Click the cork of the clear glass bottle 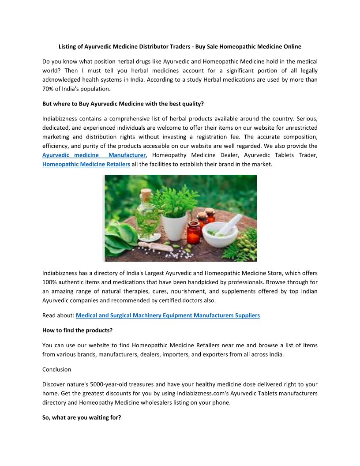coord(146,193)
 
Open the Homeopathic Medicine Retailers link coord(86,165)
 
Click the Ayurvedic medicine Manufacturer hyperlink coord(94,155)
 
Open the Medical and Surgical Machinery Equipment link coord(168,316)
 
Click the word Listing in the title coord(69,46)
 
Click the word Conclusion coord(56,369)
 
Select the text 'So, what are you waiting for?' coord(82,417)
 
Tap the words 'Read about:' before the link coord(58,316)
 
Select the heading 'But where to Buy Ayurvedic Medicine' coord(123,104)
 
